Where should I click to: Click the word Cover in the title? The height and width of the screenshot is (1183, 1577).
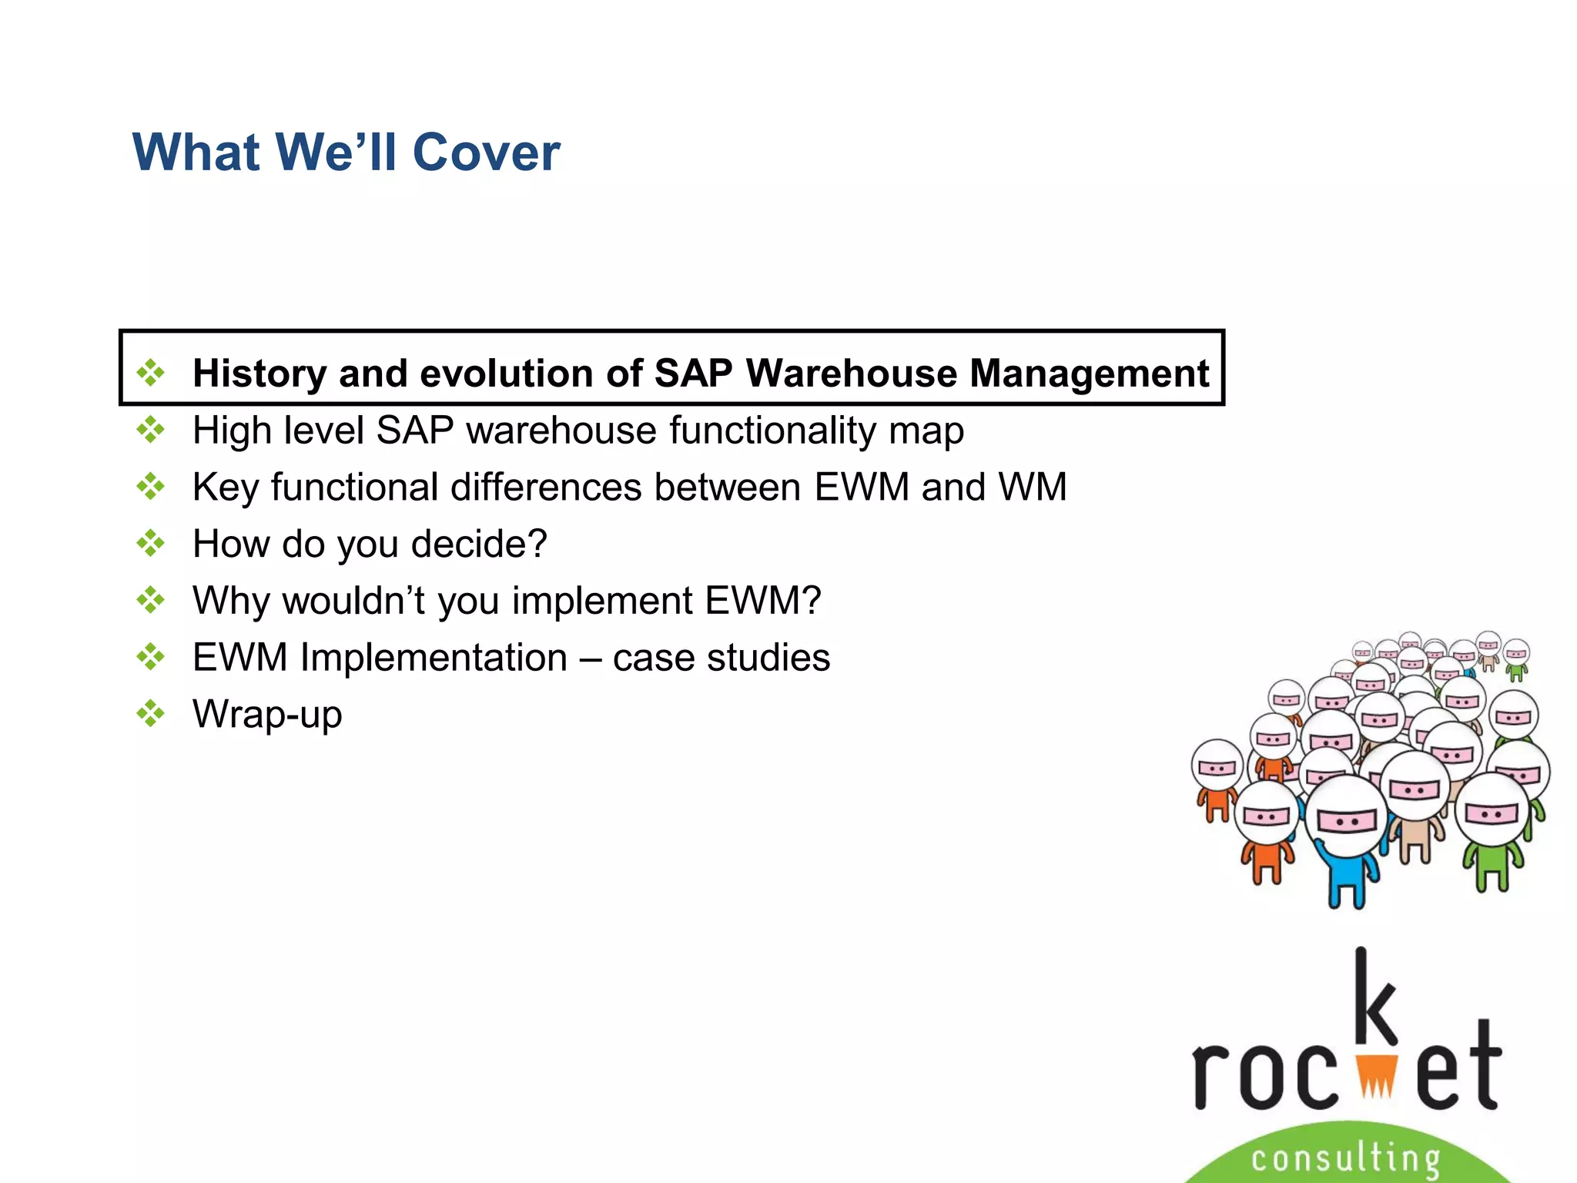[486, 152]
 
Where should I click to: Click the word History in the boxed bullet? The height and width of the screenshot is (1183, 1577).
[259, 374]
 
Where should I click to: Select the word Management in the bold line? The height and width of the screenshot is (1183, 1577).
[1089, 374]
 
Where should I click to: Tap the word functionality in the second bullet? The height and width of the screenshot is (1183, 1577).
[772, 430]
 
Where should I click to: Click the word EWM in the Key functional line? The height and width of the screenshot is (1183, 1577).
[861, 487]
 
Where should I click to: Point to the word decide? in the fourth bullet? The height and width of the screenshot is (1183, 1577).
[479, 544]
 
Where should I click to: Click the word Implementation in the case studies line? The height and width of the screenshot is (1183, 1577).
[434, 658]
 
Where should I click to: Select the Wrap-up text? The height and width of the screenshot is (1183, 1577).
[267, 715]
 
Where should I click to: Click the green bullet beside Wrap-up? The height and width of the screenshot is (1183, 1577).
[151, 713]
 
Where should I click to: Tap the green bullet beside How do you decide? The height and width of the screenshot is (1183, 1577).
[151, 543]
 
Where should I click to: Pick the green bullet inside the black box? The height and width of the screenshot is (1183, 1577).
[151, 373]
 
